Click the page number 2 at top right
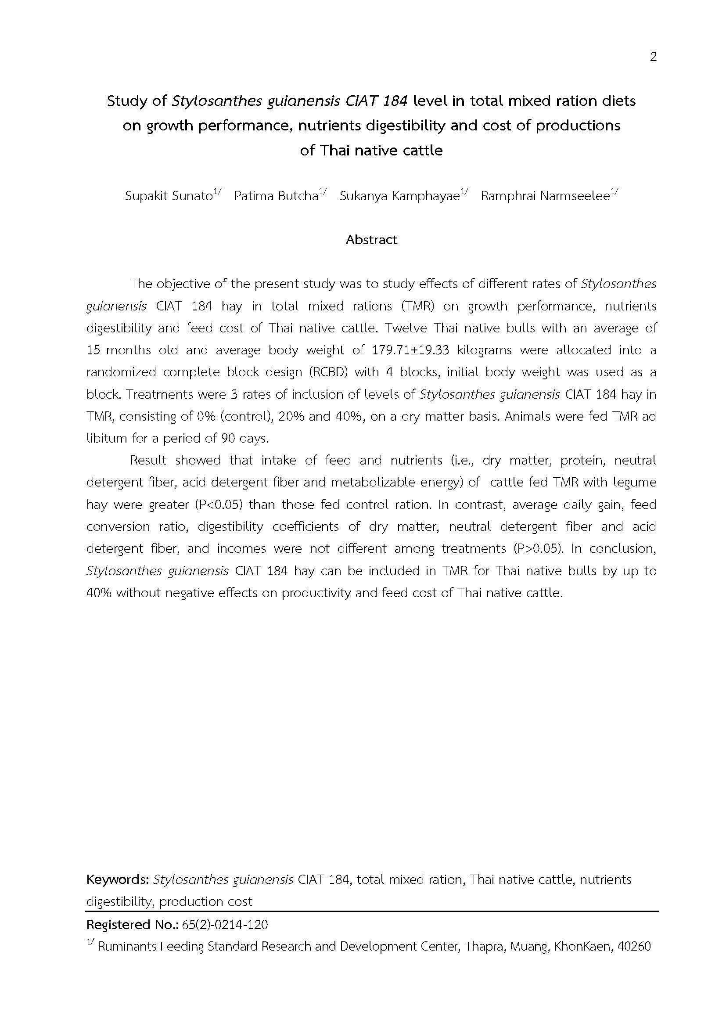653,57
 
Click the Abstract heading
371,240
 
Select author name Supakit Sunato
169,196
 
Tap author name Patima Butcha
276,196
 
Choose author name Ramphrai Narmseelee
545,196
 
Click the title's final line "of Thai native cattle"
371,150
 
